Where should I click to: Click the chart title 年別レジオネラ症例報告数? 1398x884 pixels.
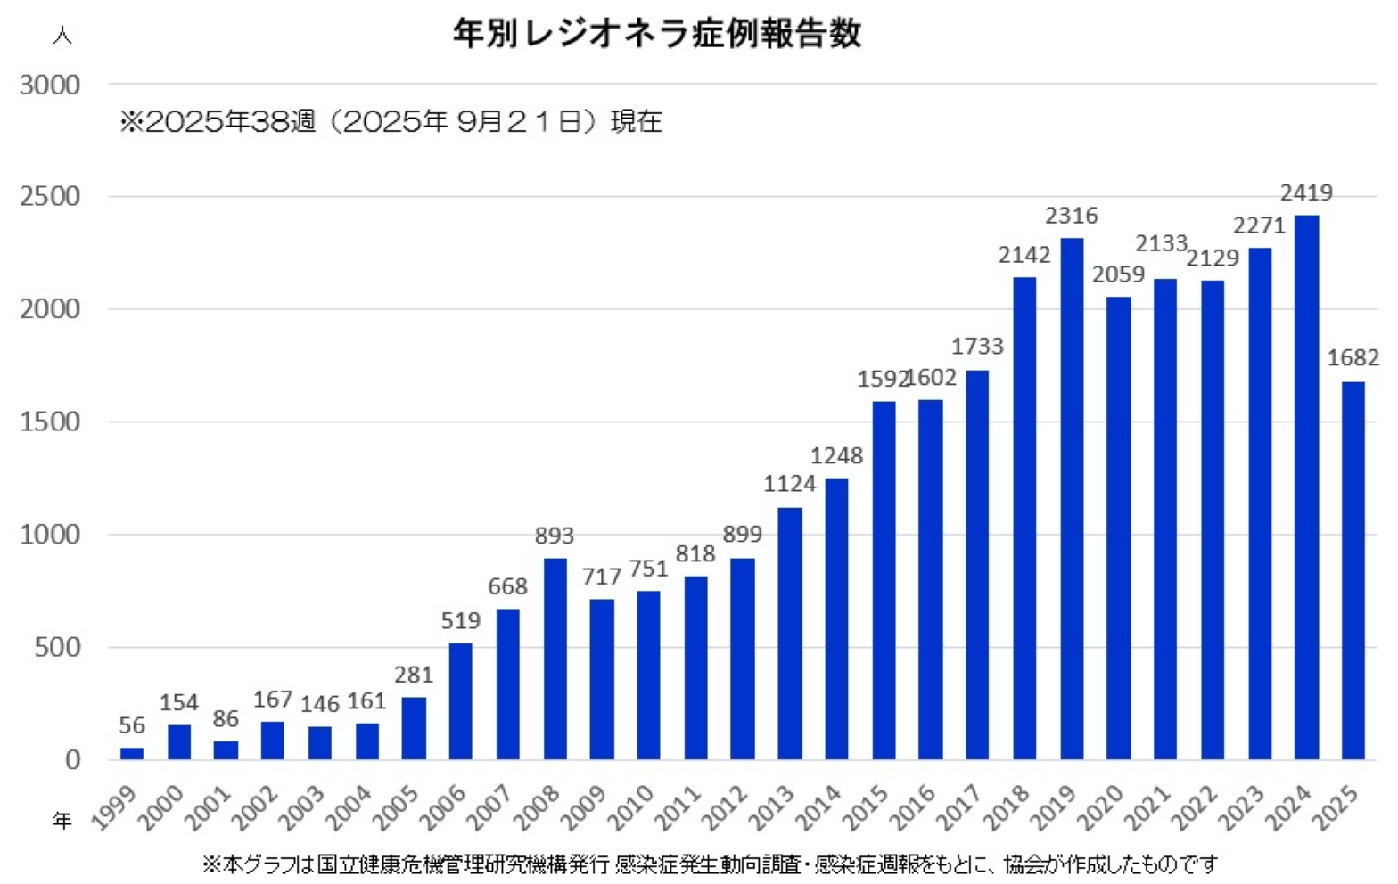[x=656, y=34]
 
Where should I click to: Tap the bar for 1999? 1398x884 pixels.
[x=132, y=753]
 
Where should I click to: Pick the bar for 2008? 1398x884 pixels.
[x=555, y=659]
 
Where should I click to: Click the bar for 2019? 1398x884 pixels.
[x=1072, y=498]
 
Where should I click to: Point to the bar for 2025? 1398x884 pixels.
[x=1353, y=570]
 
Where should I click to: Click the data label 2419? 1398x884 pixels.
[x=1306, y=192]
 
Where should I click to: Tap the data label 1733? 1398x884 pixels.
[x=977, y=346]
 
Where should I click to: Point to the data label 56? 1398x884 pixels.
[x=132, y=725]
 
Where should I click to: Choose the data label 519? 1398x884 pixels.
[x=460, y=620]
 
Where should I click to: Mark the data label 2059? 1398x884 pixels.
[x=1118, y=274]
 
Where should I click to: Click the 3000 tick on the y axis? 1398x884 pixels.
[x=50, y=85]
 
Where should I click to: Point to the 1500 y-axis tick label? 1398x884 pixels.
[x=50, y=422]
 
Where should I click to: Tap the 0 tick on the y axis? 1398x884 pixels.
[x=71, y=760]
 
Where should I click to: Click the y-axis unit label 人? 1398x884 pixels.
[x=62, y=36]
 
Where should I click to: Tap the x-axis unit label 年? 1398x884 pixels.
[x=62, y=820]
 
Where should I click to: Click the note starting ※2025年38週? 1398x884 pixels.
[x=391, y=121]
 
